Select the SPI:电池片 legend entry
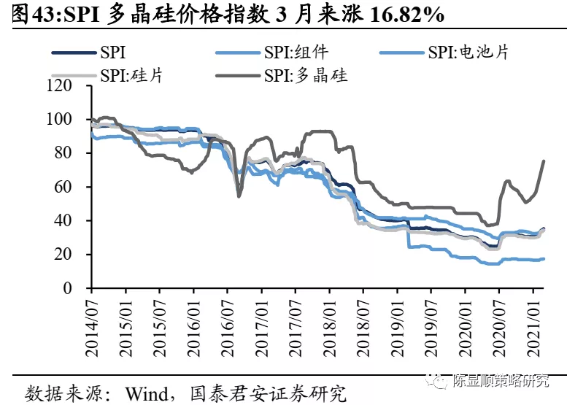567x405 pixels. [x=468, y=53]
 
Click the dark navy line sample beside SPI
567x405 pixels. [x=73, y=53]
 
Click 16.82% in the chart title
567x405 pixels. [x=411, y=14]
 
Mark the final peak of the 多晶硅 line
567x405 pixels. [x=544, y=161]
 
